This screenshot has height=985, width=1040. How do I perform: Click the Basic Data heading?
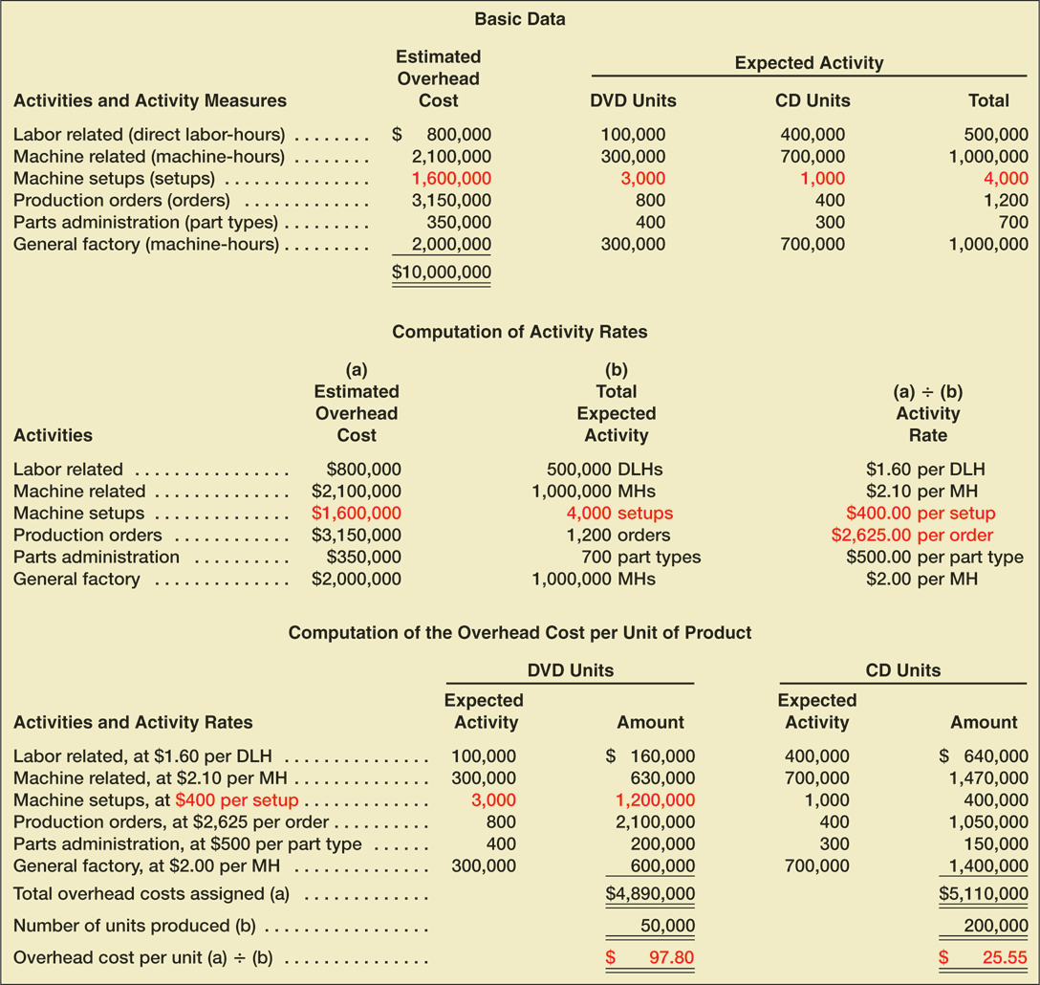[x=519, y=19]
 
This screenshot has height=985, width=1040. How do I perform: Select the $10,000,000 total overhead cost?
[x=442, y=273]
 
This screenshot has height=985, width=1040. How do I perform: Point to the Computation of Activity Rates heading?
[x=520, y=333]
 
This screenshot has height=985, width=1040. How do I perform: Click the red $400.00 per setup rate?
[x=921, y=514]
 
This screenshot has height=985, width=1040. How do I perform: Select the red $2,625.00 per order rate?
[x=912, y=536]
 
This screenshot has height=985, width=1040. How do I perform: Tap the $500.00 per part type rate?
[x=934, y=558]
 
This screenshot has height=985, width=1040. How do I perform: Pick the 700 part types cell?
[x=640, y=558]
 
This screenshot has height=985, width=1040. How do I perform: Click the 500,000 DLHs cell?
[x=604, y=470]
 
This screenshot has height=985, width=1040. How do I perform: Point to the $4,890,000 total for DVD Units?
[x=650, y=895]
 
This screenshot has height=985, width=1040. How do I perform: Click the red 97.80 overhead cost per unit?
[x=668, y=957]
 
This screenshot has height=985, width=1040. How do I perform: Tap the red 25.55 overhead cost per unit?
[x=1002, y=957]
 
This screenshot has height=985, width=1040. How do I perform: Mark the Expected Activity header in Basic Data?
[x=809, y=63]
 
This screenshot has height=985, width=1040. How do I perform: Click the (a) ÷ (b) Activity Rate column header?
[x=927, y=413]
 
